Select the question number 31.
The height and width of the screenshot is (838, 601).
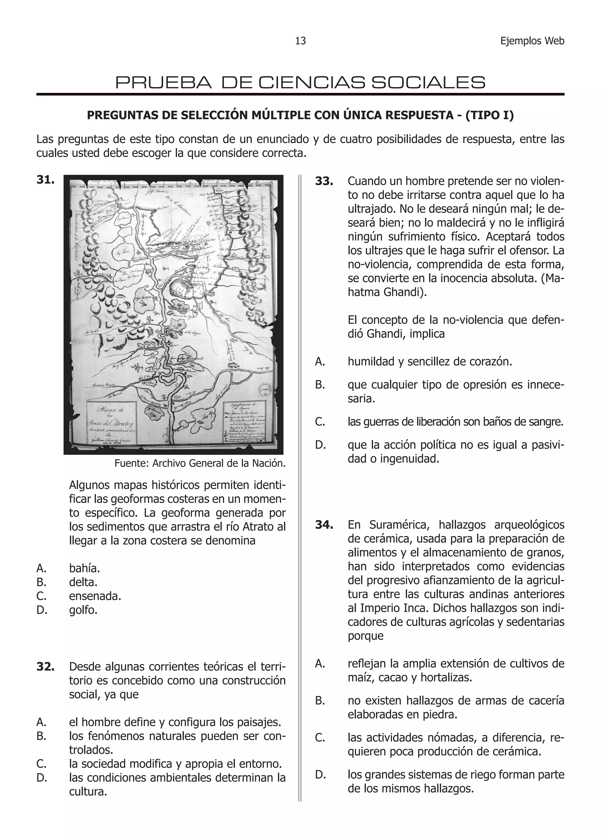45,180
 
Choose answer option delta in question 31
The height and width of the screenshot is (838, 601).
83,582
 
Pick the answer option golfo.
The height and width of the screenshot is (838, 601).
83,610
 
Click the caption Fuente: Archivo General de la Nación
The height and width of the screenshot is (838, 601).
200,463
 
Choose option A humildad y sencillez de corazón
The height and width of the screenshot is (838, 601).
430,361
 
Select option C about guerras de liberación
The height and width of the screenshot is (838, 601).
455,421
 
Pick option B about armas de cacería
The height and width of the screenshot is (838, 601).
455,707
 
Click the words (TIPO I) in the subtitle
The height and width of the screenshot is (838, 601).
489,115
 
